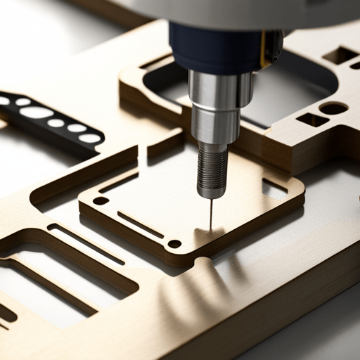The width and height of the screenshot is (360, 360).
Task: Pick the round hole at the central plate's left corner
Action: click(x=101, y=200)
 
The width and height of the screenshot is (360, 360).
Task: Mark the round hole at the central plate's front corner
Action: click(x=174, y=244)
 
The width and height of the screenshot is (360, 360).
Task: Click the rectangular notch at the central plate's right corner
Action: click(x=274, y=188)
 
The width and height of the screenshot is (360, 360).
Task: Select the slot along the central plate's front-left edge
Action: click(x=140, y=224)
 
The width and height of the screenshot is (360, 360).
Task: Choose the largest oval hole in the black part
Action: click(x=37, y=112)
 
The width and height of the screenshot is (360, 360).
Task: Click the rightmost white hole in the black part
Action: click(x=90, y=139)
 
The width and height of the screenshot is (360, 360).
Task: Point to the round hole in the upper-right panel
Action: click(x=333, y=108)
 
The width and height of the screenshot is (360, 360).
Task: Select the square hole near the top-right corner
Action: click(x=340, y=55)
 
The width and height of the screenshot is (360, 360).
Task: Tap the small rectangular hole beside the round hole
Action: click(x=309, y=120)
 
